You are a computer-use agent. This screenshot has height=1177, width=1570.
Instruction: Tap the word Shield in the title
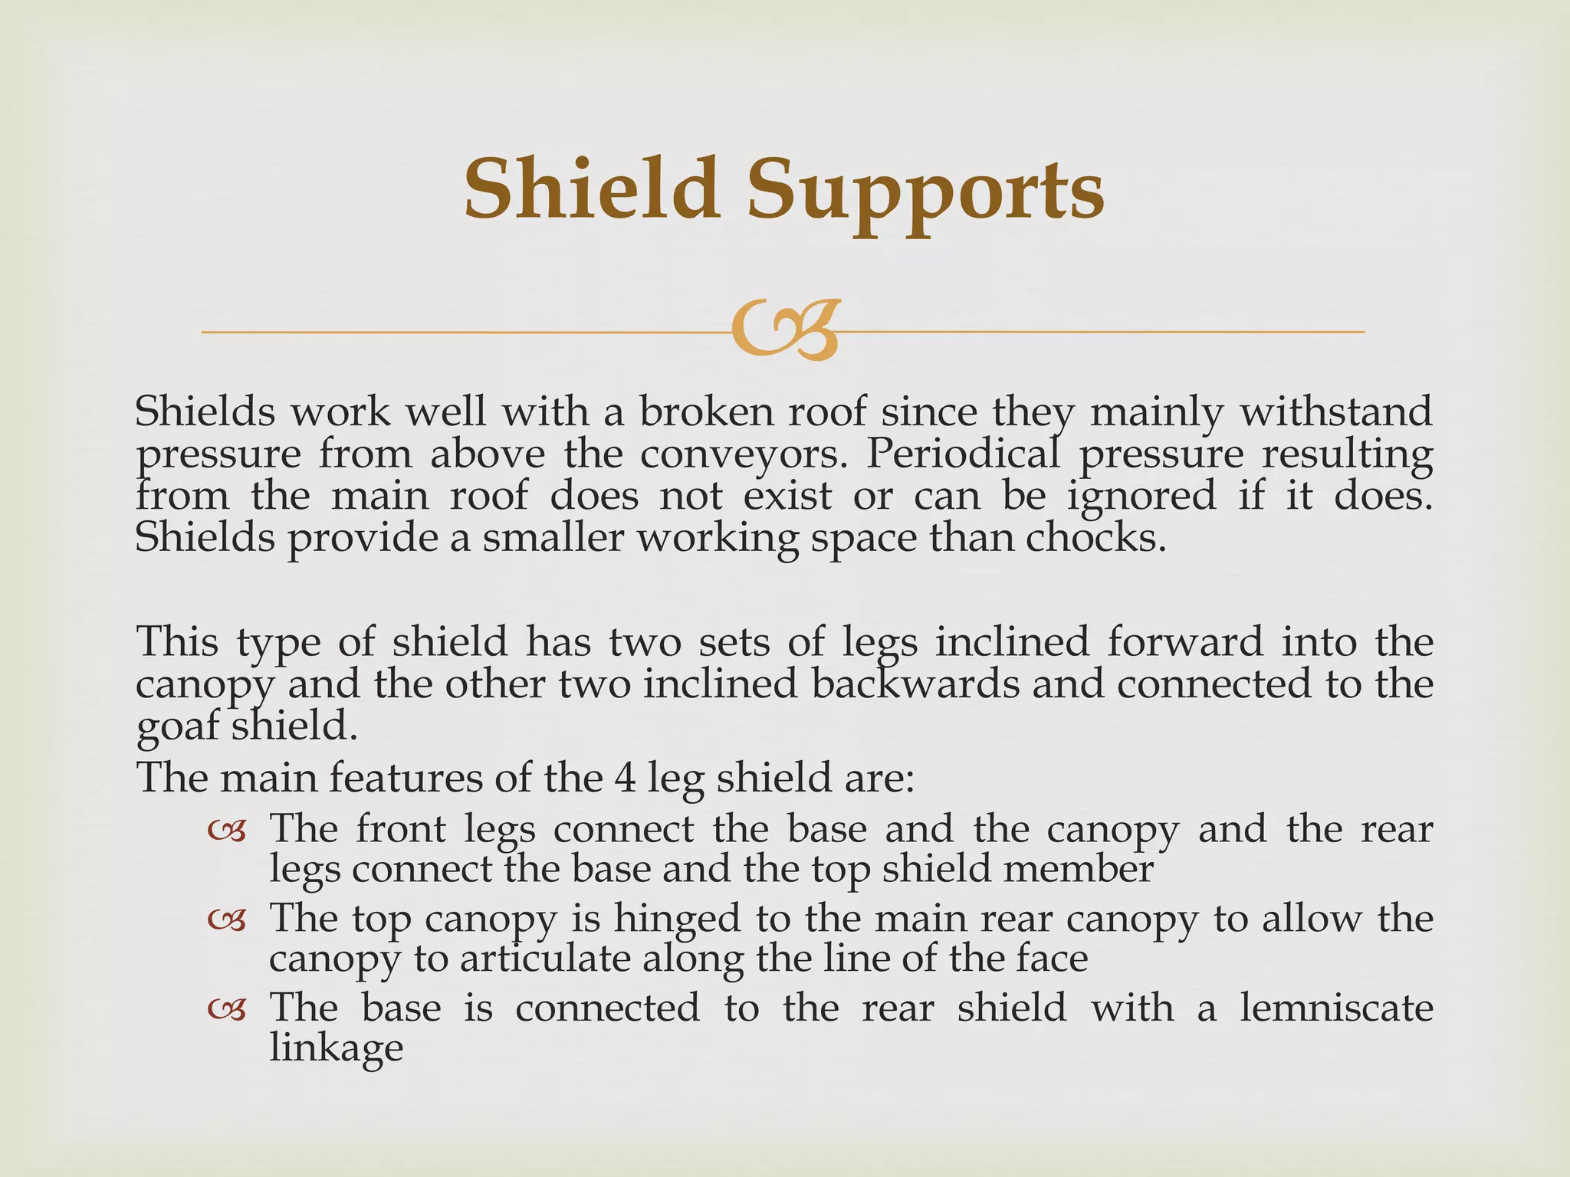tap(591, 188)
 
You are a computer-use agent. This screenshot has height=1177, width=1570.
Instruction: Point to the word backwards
tap(915, 684)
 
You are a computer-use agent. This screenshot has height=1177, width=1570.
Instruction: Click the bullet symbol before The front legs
tap(227, 831)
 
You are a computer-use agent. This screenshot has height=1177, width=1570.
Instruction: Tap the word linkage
tap(336, 1048)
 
